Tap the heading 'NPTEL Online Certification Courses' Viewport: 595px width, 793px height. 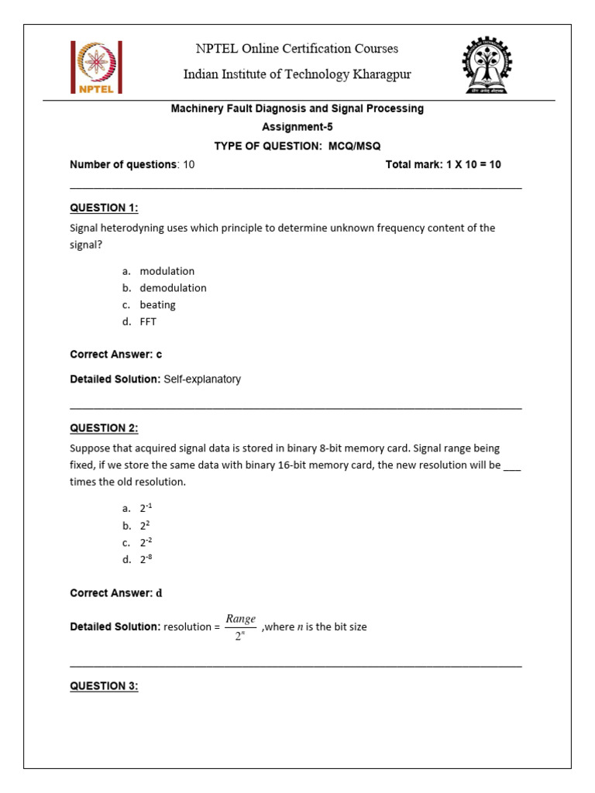(x=297, y=49)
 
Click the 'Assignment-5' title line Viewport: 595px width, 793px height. (x=297, y=126)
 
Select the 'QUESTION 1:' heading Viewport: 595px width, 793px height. (x=104, y=208)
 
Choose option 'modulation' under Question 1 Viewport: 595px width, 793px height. (x=167, y=271)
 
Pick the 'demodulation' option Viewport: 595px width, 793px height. (x=173, y=288)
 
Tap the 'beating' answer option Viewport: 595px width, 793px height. (x=157, y=305)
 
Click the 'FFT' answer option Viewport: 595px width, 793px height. (x=148, y=321)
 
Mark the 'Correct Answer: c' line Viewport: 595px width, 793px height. (x=115, y=354)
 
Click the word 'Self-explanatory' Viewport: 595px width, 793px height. (x=202, y=379)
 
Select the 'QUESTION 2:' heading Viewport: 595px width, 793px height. (x=104, y=428)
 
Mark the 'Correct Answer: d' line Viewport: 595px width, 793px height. (x=116, y=593)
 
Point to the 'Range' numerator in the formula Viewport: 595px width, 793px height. (x=240, y=619)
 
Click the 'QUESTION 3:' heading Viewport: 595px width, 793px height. (x=104, y=685)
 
